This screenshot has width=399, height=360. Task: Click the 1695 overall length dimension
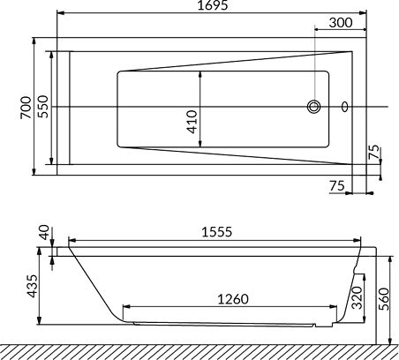213,5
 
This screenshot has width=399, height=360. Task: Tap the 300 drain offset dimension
341,23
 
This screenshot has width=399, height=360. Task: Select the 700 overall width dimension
26,108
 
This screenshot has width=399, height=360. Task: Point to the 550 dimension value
43,107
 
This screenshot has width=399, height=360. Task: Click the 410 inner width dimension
192,122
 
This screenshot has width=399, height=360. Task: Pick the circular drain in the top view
314,107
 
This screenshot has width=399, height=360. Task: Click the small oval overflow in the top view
345,107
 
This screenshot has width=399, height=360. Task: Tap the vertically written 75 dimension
374,153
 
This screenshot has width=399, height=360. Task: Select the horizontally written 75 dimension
337,186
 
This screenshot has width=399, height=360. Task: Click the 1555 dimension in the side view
217,232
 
